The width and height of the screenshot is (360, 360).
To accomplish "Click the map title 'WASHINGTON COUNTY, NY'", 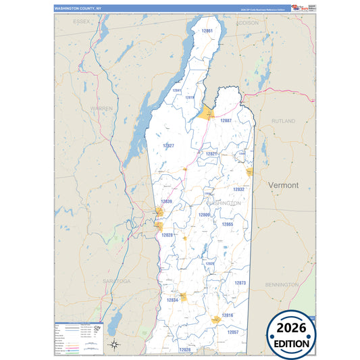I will pos(74,9).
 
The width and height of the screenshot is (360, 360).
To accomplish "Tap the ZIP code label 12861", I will pos(207,31).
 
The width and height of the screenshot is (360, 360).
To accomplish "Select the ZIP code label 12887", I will pos(226,120).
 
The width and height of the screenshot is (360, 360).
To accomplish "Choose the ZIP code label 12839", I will pos(166,201).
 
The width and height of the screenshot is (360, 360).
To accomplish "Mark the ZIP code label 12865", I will pos(227,224).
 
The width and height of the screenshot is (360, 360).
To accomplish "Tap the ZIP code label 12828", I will pos(168,235).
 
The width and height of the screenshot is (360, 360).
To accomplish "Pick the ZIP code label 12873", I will pos(240,283).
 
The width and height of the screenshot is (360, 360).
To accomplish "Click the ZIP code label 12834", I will pos(172,300).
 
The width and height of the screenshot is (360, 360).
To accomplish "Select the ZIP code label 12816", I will pos(227,315).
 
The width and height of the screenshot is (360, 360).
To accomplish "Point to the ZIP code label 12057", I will pos(232,332).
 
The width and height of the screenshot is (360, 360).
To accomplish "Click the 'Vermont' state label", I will pos(282,184).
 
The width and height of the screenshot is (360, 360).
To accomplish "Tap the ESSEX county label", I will pos(82,22).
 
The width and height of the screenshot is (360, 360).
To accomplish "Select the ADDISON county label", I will pos(247,22).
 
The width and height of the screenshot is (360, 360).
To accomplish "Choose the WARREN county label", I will pos(101,108).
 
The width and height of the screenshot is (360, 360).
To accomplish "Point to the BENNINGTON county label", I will pos(282,285).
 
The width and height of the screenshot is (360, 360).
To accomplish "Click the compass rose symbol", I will pos(115,345).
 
